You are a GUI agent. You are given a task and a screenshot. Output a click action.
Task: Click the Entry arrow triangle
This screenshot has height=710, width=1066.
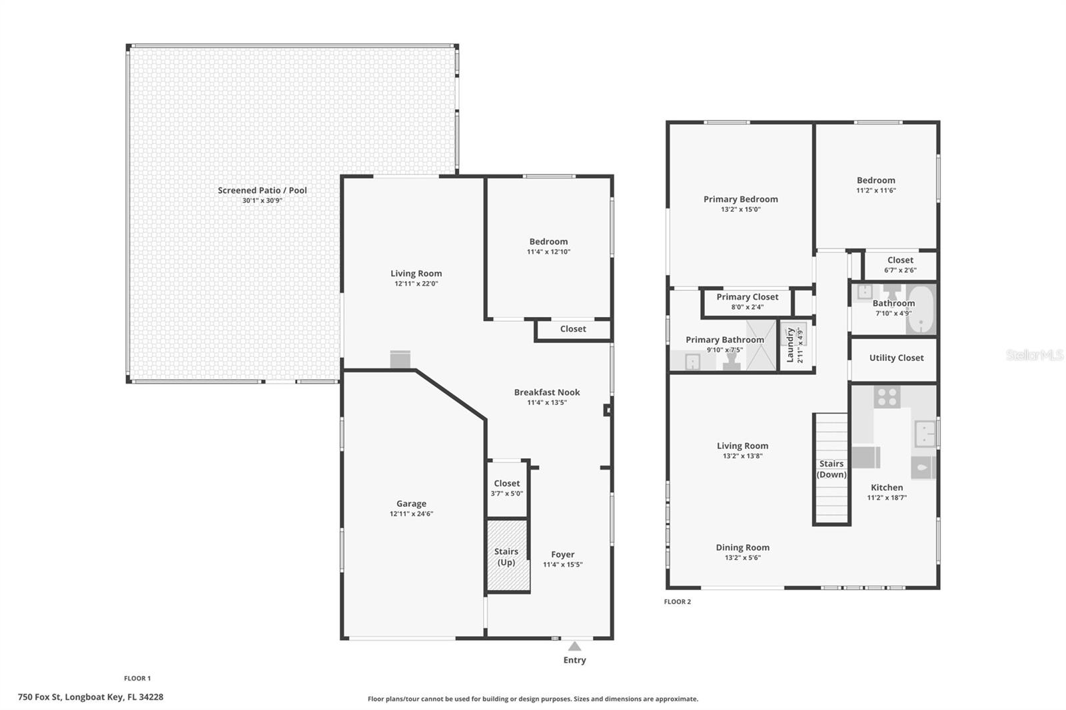(x=574, y=646)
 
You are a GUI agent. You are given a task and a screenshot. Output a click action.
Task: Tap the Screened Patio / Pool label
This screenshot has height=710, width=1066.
(x=263, y=190)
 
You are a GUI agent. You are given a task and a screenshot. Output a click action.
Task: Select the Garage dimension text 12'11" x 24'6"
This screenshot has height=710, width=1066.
(x=411, y=514)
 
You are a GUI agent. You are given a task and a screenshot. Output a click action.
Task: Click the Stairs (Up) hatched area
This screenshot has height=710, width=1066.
(x=507, y=555)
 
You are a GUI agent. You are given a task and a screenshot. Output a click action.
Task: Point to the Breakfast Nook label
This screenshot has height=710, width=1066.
(x=547, y=392)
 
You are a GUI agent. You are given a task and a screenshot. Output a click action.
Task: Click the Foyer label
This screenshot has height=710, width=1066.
(x=562, y=554)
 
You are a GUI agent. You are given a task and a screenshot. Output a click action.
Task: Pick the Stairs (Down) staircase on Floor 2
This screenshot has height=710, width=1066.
(x=831, y=469)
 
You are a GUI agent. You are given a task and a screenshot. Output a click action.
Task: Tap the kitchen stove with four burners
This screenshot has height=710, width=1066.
(x=887, y=397)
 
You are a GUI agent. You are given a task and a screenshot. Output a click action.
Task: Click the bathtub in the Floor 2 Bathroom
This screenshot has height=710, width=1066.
(x=920, y=309)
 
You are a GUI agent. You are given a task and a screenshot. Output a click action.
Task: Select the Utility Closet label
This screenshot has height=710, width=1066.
(x=896, y=358)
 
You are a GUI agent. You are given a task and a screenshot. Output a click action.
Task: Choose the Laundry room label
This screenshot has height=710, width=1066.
(x=790, y=345)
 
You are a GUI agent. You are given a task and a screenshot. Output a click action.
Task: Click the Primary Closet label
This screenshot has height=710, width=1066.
(x=747, y=297)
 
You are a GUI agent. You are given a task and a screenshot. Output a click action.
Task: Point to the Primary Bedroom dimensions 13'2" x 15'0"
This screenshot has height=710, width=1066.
(x=740, y=209)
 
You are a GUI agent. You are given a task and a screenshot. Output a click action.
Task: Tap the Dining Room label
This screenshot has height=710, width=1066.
(x=742, y=547)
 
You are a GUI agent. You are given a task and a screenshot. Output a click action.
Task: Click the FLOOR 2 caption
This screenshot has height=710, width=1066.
(x=677, y=601)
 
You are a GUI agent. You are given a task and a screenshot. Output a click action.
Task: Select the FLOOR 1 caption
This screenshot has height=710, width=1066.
(x=137, y=678)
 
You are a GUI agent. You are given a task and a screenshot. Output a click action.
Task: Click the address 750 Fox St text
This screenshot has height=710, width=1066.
(x=40, y=697)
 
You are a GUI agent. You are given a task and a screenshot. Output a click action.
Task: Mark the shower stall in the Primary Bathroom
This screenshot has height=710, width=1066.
(x=761, y=346)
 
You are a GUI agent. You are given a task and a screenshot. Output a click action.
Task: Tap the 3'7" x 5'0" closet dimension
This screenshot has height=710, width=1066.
(x=507, y=494)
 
